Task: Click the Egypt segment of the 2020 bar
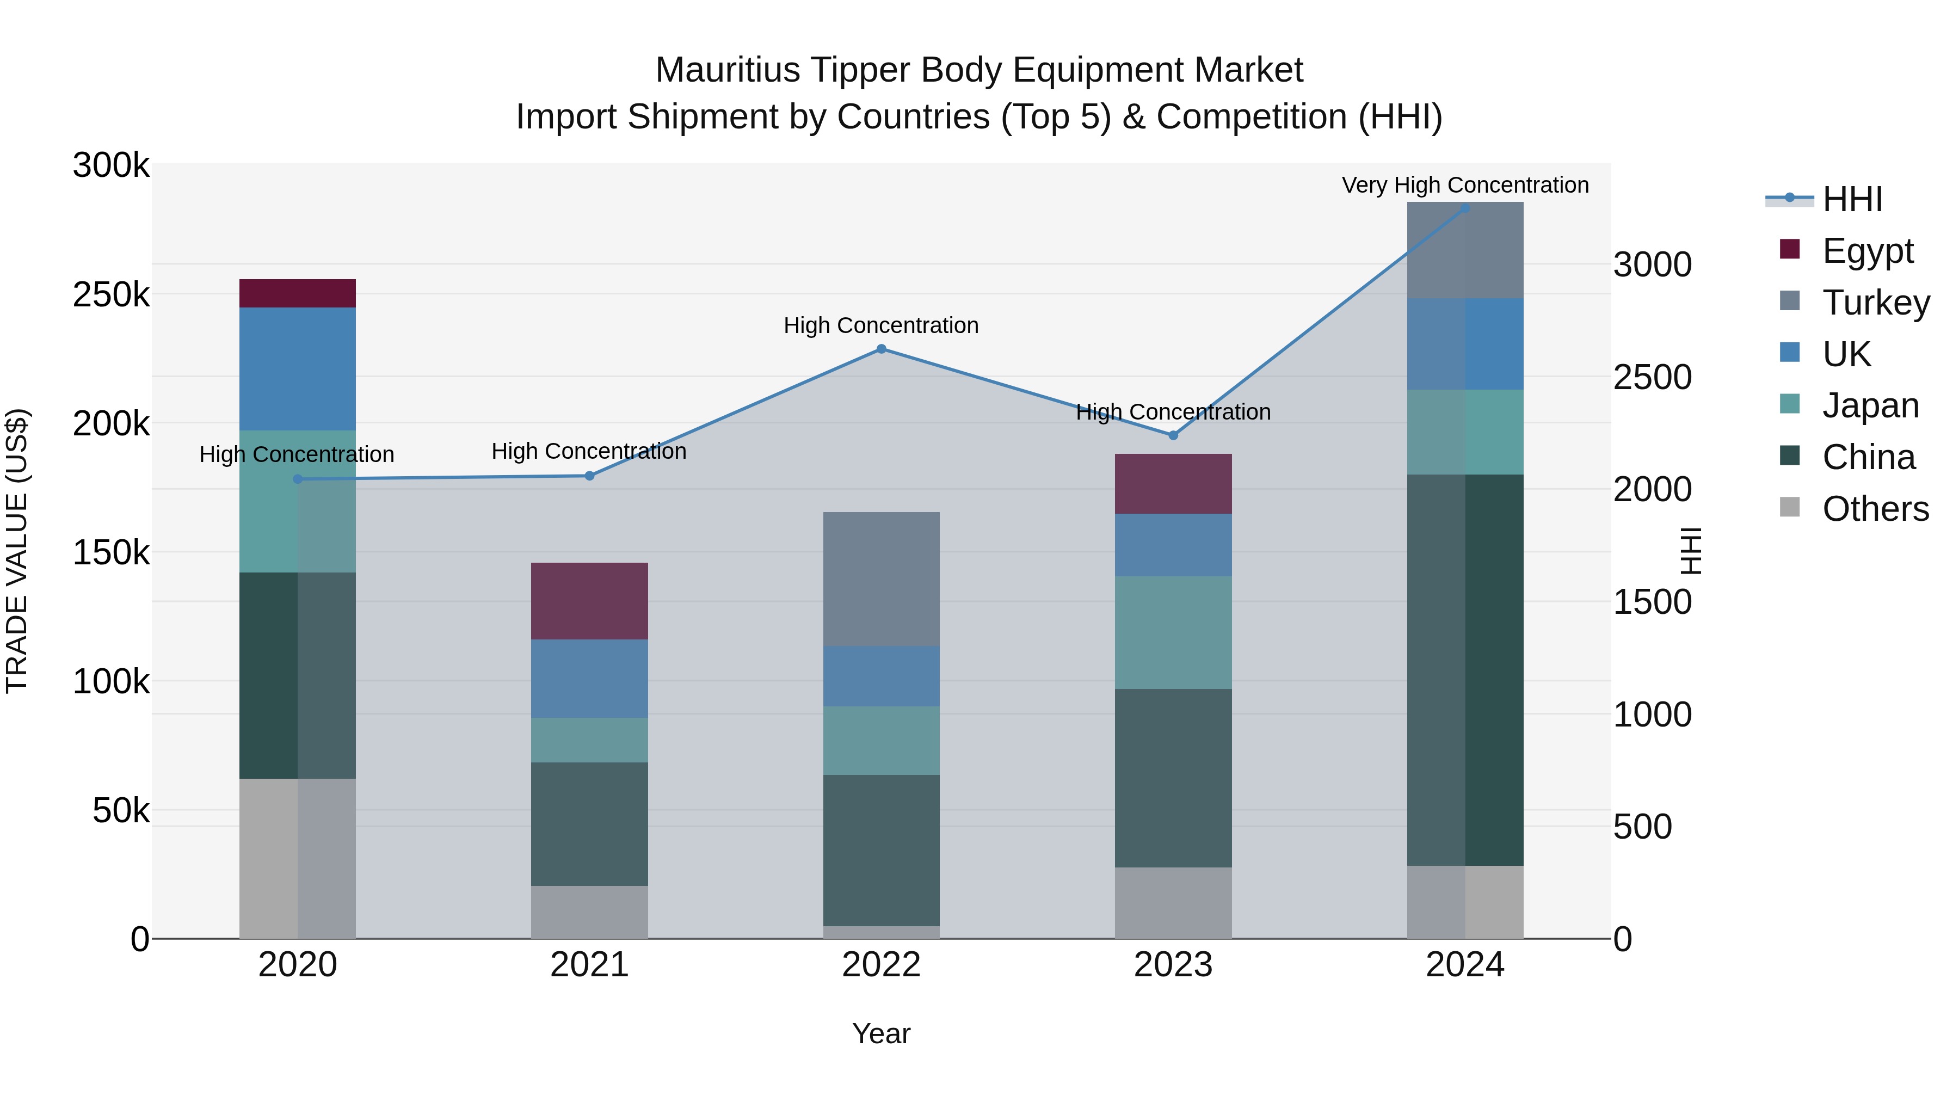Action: click(x=297, y=293)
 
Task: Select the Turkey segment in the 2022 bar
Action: click(x=882, y=579)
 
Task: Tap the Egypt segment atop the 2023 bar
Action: click(x=1173, y=484)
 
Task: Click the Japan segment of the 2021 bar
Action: click(x=589, y=740)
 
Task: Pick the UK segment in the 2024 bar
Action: click(x=1465, y=344)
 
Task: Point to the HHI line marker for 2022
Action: click(x=882, y=349)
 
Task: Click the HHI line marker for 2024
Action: click(x=1465, y=208)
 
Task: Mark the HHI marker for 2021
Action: click(x=589, y=476)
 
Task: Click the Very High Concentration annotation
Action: click(x=1465, y=186)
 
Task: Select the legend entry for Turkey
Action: click(x=1875, y=303)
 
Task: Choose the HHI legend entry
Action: click(x=1852, y=199)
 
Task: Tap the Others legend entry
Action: click(x=1875, y=509)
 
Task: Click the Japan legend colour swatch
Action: click(x=1790, y=404)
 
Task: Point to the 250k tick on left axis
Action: click(x=111, y=295)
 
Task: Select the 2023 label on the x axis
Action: click(x=1173, y=965)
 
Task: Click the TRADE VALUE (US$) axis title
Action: click(x=17, y=551)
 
